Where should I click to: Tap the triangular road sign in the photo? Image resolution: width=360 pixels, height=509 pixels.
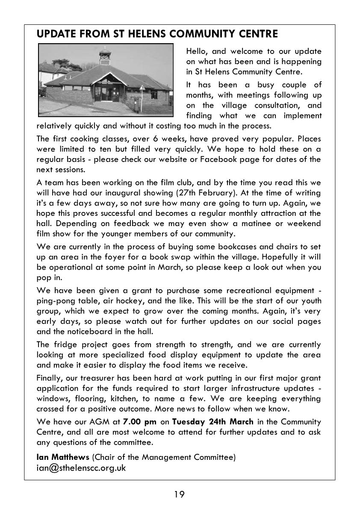[142, 88]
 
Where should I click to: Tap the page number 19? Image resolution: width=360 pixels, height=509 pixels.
[180, 494]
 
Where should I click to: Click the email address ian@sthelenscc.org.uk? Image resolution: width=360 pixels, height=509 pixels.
[81, 468]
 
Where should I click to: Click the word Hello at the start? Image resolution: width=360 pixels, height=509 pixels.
[198, 52]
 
